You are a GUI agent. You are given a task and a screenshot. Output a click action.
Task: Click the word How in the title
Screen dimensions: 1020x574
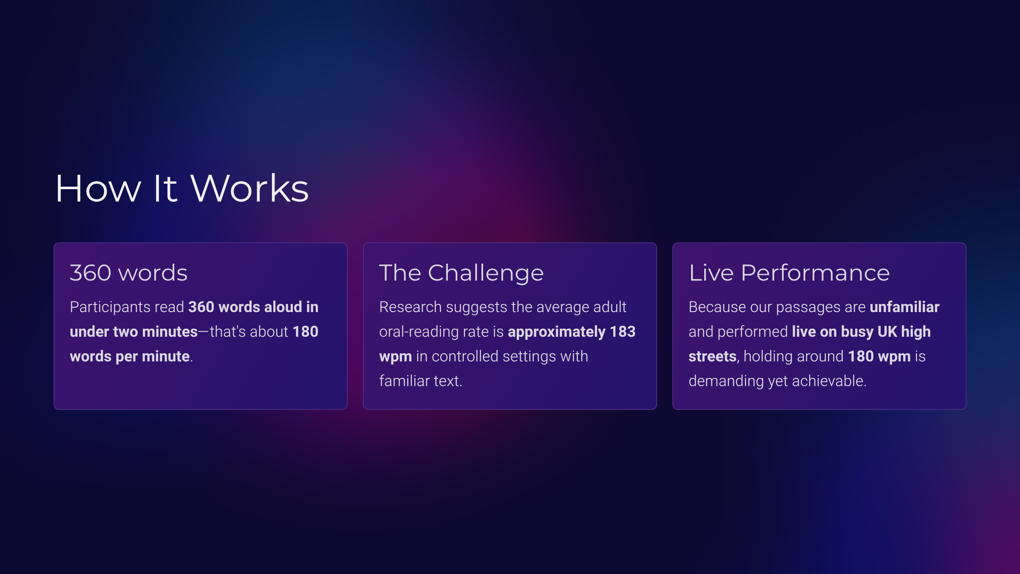click(x=98, y=188)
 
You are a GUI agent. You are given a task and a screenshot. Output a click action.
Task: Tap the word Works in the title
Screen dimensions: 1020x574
click(x=250, y=188)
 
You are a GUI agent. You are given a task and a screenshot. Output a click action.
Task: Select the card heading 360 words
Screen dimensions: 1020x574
click(x=128, y=273)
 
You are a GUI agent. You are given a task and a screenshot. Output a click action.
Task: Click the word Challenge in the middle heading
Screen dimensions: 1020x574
click(x=486, y=273)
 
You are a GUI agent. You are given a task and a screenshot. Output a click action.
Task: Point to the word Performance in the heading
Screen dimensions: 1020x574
click(x=815, y=273)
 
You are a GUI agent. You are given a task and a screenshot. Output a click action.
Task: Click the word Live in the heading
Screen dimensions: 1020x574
click(x=711, y=273)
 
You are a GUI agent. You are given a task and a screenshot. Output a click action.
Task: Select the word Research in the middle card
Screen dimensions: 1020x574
click(x=411, y=307)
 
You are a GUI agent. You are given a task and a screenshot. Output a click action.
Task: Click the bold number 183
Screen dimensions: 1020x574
click(x=623, y=332)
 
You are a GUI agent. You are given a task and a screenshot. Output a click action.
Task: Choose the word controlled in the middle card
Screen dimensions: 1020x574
click(x=465, y=356)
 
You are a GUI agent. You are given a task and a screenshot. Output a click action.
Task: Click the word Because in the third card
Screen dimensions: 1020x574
click(x=717, y=307)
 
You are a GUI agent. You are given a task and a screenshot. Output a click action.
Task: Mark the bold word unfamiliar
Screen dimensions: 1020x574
click(x=904, y=307)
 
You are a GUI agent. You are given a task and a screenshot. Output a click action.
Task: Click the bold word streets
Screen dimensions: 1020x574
click(x=712, y=357)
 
